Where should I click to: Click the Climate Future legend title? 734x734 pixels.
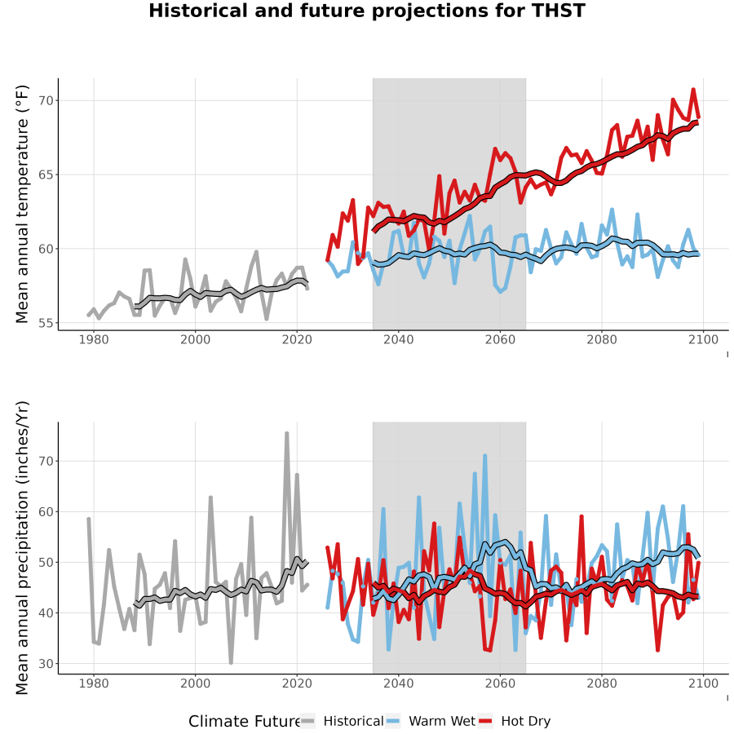tap(245, 721)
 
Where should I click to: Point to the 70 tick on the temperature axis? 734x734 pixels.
tap(46, 100)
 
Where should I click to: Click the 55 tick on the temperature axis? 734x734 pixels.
tap(46, 323)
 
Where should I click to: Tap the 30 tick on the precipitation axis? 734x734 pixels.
tap(46, 663)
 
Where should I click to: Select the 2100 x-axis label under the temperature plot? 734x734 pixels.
tap(703, 339)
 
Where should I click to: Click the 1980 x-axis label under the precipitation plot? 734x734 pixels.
tap(94, 683)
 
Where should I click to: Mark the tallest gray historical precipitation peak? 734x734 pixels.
tap(287, 434)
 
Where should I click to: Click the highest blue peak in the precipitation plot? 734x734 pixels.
tap(485, 455)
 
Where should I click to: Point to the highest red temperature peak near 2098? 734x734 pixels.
tap(693, 89)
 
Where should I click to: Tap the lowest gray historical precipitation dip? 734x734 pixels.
tap(231, 663)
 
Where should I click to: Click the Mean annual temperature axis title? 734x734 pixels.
tap(22, 204)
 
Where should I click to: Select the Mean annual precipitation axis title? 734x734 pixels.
tap(22, 548)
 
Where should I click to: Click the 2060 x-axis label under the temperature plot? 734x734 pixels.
tap(500, 339)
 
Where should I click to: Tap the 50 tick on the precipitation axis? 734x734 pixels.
tap(46, 562)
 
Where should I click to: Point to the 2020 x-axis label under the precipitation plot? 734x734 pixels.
tap(297, 683)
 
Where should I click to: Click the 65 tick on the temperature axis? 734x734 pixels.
tap(46, 175)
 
